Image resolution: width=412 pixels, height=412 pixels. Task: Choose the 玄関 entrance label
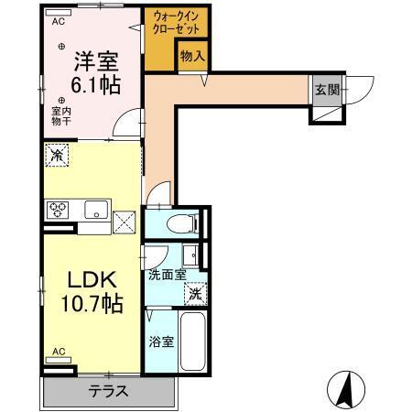pos(327,90)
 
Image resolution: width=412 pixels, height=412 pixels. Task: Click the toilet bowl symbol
pos(181,222)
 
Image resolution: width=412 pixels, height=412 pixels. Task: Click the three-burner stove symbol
pos(60,210)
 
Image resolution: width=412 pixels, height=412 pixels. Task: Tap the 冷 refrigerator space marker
pos(56,156)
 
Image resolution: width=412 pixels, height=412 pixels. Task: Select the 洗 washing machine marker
pos(194,295)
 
